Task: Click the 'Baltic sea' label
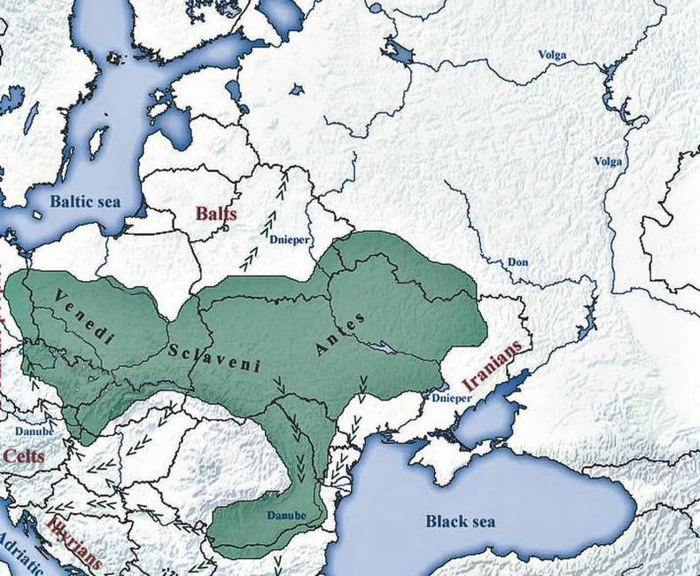(97, 201)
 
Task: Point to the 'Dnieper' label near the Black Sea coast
(452, 400)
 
